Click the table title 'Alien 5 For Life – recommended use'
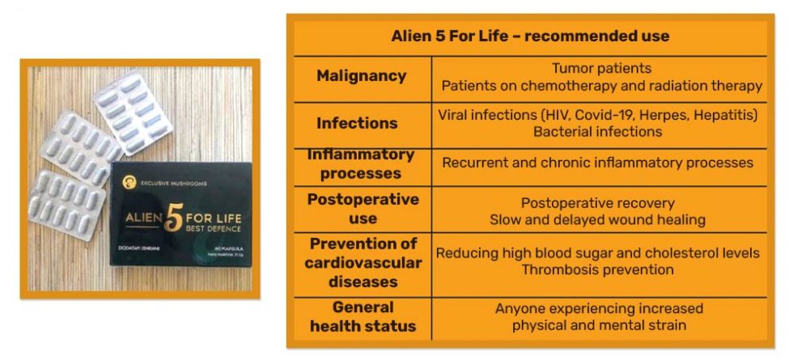(529, 36)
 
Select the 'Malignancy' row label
(361, 76)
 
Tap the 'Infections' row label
(357, 123)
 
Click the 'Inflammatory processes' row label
(361, 163)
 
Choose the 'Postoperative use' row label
(363, 208)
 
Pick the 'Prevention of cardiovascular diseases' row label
(363, 262)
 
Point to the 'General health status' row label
(363, 316)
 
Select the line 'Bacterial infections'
(598, 131)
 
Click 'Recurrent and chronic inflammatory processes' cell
(597, 163)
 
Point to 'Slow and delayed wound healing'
(597, 219)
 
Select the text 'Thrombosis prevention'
(597, 269)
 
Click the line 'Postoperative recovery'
(597, 202)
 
